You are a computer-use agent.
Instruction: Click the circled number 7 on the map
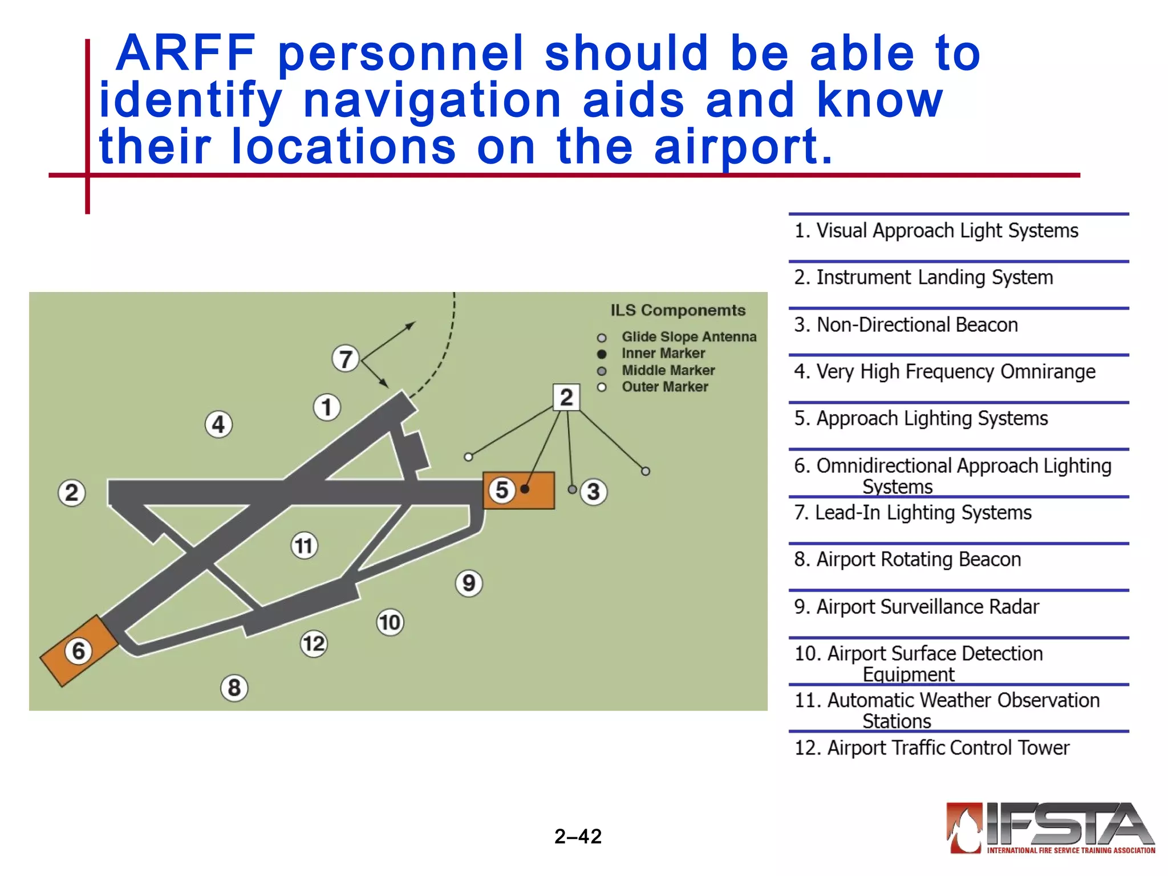tap(346, 359)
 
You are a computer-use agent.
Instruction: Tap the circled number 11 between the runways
tap(304, 546)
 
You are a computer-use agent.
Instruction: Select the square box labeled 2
tap(566, 397)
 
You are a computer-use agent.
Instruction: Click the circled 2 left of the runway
tap(72, 493)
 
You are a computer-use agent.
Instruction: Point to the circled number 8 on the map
tap(234, 688)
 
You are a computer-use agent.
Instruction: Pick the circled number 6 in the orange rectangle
tap(78, 651)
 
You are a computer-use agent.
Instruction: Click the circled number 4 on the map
tap(218, 425)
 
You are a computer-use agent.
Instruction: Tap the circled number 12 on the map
tap(314, 644)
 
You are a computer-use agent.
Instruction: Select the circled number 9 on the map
tap(469, 583)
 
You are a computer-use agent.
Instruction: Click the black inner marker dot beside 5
tap(525, 489)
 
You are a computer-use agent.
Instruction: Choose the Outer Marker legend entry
tap(664, 387)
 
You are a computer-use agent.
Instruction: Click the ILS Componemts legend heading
tap(678, 311)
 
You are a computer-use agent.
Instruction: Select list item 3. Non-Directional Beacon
tap(906, 325)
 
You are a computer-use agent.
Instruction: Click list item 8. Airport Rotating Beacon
tap(907, 559)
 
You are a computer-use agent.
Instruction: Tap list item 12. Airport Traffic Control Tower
tap(931, 748)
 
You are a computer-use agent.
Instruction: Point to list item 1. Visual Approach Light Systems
tap(936, 231)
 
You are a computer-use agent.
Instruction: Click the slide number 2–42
tap(578, 837)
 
